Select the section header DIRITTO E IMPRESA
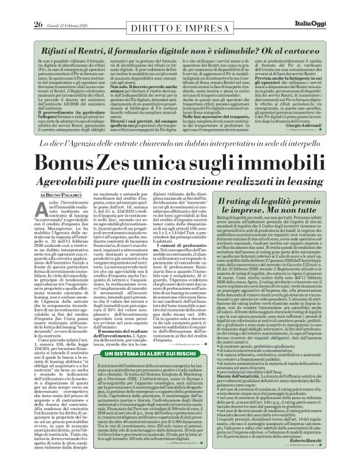(179, 9)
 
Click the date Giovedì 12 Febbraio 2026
(65, 8)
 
